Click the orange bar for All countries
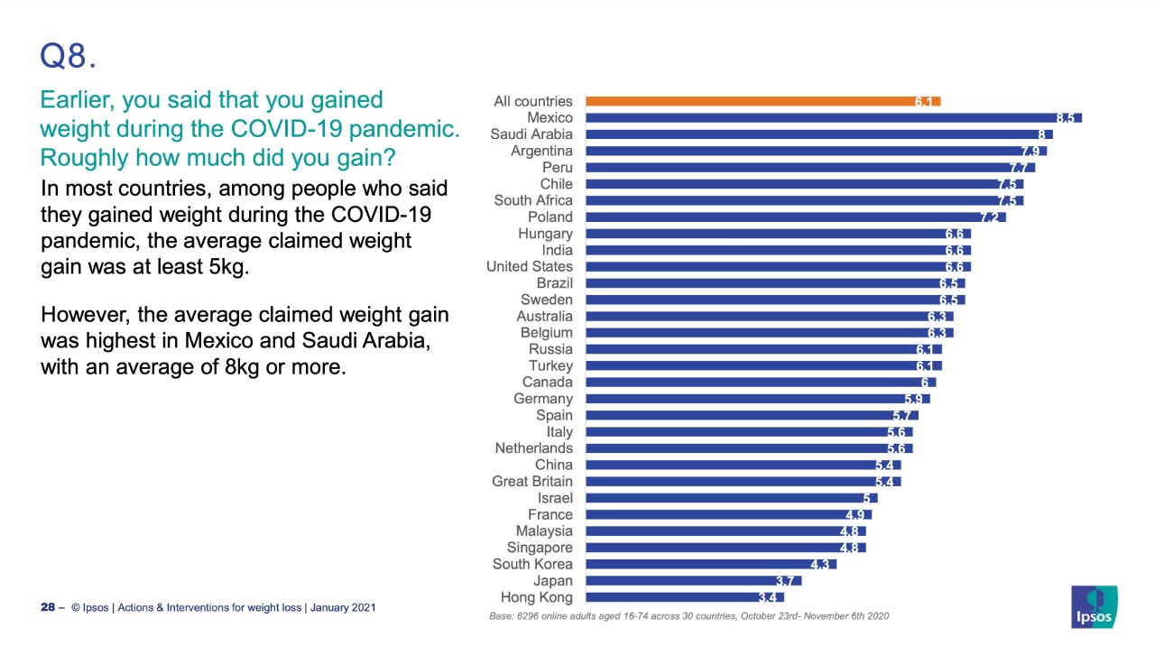coord(762,101)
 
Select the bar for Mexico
coord(833,118)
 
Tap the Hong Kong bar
coord(685,597)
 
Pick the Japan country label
coord(552,581)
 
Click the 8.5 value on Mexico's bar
coord(1066,118)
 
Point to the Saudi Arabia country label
coord(531,134)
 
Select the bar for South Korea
coord(711,564)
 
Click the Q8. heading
coord(68,57)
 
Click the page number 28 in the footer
coord(48,608)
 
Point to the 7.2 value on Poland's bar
coord(990,217)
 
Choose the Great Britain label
coord(532,482)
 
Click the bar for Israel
coord(731,498)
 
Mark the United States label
coord(529,267)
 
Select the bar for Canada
coord(761,383)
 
